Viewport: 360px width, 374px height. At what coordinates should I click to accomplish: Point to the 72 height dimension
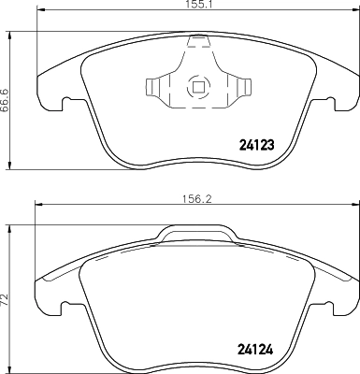[7, 300]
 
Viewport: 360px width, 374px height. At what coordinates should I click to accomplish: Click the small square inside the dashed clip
[197, 89]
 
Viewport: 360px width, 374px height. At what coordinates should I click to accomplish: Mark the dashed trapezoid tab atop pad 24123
[197, 41]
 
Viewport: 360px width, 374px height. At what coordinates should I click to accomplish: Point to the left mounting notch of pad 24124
[63, 306]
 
